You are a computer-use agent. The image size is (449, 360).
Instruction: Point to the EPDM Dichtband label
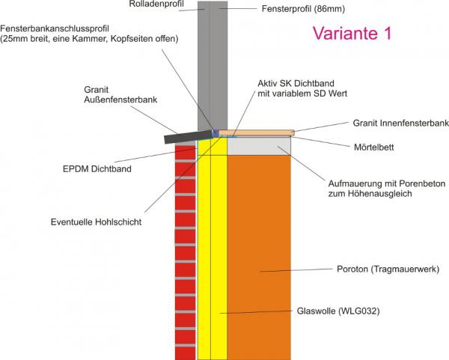point(97,169)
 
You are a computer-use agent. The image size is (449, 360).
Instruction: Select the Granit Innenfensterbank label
point(400,122)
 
